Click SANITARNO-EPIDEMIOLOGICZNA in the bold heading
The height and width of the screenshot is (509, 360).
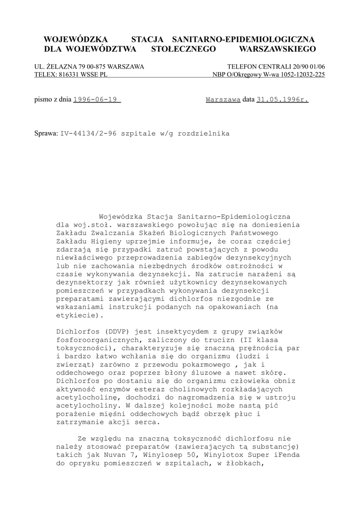click(x=243, y=39)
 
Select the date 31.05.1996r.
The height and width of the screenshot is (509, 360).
click(x=282, y=99)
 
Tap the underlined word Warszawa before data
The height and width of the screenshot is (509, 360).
click(x=223, y=99)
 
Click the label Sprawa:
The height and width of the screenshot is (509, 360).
click(x=46, y=133)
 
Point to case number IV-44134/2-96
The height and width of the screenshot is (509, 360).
click(x=87, y=133)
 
